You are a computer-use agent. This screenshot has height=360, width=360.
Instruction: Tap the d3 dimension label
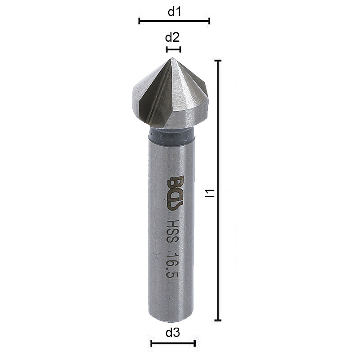click(x=173, y=333)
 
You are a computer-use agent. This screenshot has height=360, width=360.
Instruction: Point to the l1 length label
click(x=208, y=193)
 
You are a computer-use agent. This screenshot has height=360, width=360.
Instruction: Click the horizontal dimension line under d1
click(x=174, y=21)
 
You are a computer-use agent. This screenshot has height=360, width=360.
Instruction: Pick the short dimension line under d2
click(x=173, y=49)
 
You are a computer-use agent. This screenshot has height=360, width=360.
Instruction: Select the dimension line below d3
click(x=173, y=344)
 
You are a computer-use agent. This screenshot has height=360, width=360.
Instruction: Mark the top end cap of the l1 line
click(x=218, y=60)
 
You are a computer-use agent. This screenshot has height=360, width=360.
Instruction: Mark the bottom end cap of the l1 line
click(x=218, y=320)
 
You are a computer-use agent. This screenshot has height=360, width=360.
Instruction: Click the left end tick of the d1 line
click(x=139, y=21)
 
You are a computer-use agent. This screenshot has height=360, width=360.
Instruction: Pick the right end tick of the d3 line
click(x=195, y=344)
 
